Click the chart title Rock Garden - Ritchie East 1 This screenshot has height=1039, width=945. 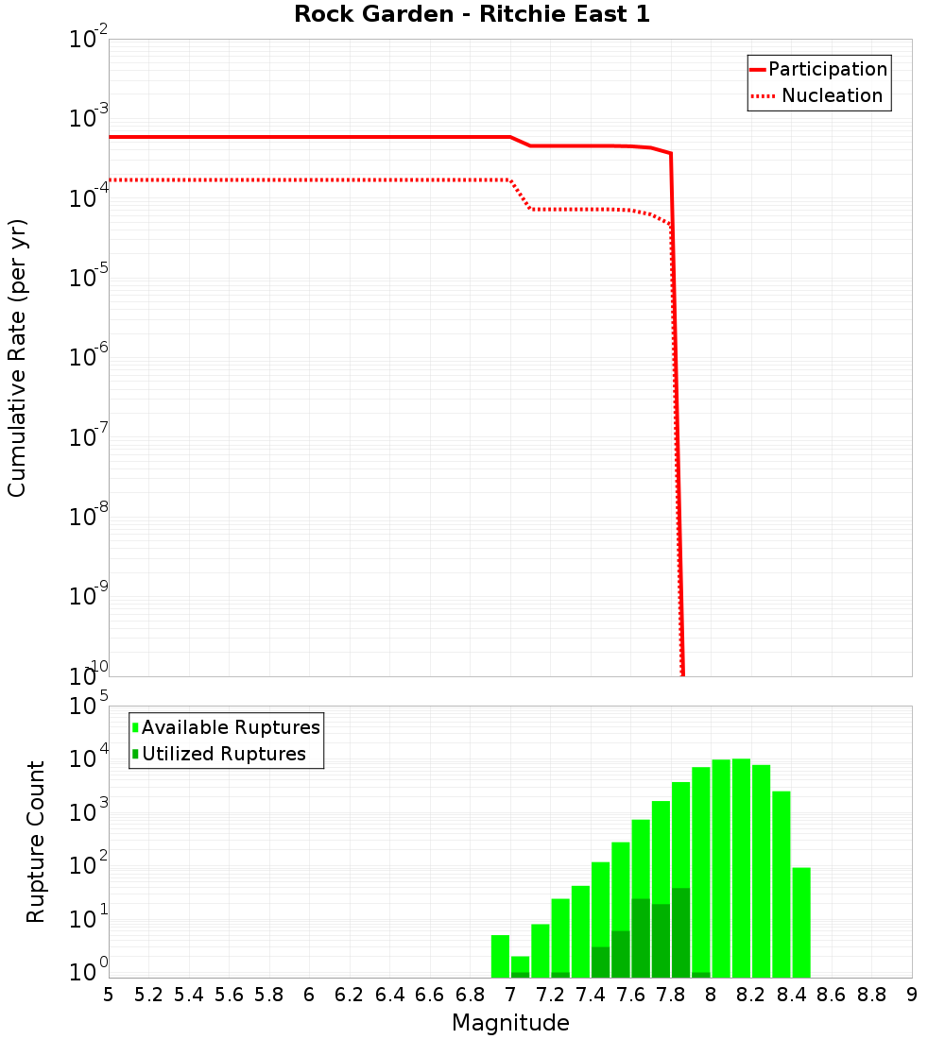point(472,14)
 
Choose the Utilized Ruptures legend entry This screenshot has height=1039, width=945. point(223,754)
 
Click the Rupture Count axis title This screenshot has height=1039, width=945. point(36,842)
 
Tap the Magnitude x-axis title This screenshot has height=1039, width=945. point(510,1023)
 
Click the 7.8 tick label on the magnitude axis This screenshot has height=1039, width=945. point(671,995)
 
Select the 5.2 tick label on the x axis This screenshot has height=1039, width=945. point(149,995)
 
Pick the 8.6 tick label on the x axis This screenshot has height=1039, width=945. point(832,995)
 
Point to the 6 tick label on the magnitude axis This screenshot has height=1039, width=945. point(309,995)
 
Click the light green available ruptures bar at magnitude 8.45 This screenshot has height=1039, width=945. point(801,922)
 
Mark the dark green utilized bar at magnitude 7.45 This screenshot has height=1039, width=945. point(600,962)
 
